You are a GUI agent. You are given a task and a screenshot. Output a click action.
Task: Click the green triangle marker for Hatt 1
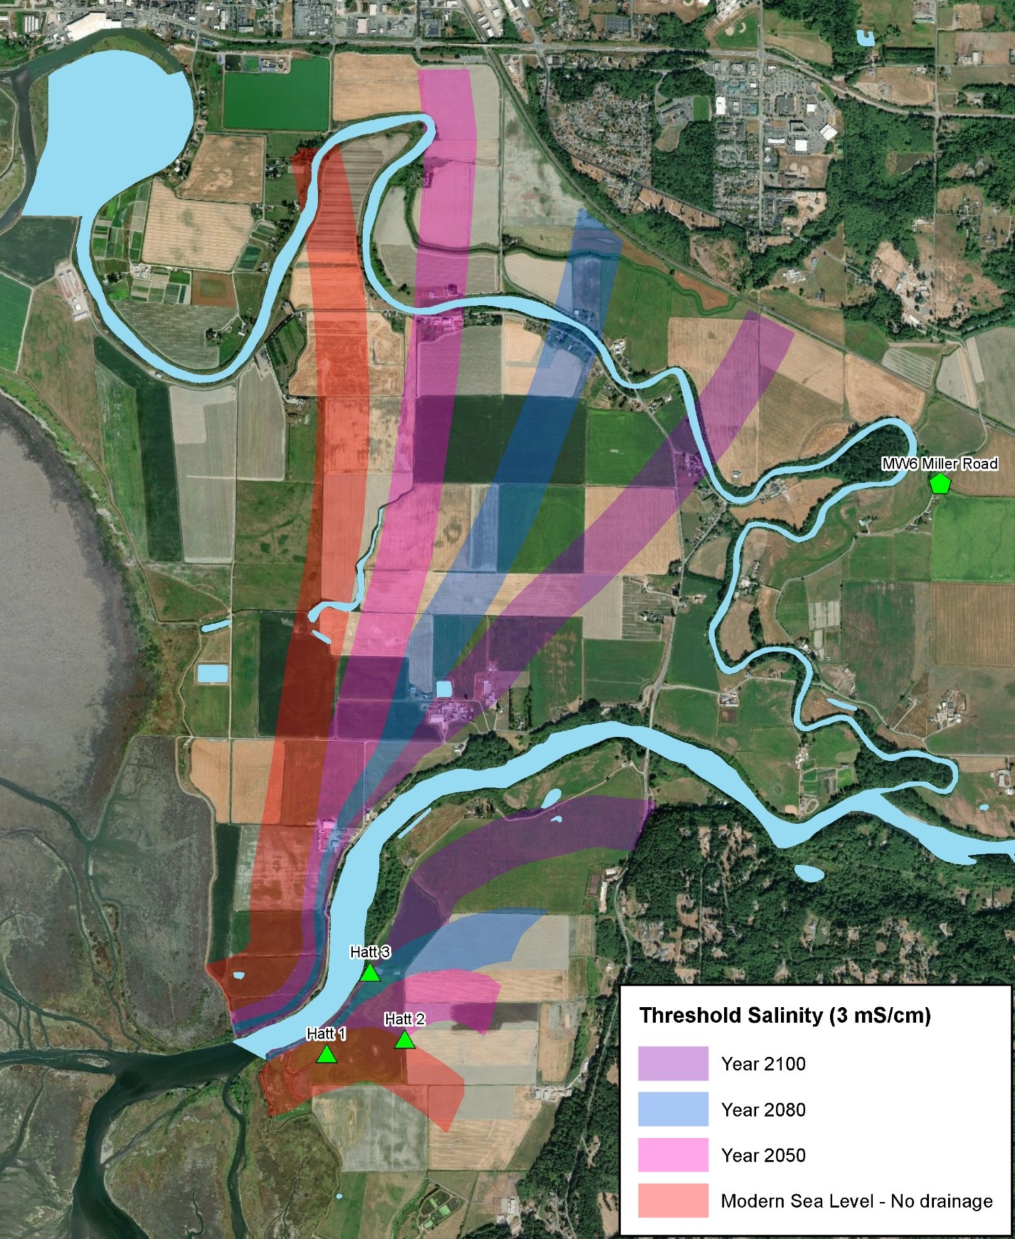pyautogui.click(x=327, y=1053)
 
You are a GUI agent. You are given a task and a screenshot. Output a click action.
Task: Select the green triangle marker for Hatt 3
pyautogui.click(x=369, y=972)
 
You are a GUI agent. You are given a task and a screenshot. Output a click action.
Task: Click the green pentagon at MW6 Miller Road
pyautogui.click(x=940, y=484)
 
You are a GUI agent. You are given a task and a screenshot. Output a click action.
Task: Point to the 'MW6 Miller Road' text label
pyautogui.click(x=940, y=464)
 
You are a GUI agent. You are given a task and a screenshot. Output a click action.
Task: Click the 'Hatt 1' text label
pyautogui.click(x=326, y=1033)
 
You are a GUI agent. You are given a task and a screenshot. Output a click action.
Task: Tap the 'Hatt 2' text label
pyautogui.click(x=405, y=1019)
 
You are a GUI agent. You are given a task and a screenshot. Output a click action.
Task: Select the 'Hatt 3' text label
pyautogui.click(x=370, y=952)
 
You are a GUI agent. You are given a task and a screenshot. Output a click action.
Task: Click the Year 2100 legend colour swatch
pyautogui.click(x=673, y=1063)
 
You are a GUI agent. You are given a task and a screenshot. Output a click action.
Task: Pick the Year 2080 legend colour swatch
pyautogui.click(x=673, y=1109)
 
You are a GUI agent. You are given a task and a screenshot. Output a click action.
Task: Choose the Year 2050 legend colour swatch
pyautogui.click(x=673, y=1154)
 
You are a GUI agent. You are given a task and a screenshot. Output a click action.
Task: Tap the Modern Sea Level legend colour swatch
pyautogui.click(x=673, y=1201)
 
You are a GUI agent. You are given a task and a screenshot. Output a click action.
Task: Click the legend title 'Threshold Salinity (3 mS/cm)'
pyautogui.click(x=785, y=1015)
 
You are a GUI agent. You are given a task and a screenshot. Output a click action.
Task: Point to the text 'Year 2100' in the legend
pyautogui.click(x=763, y=1064)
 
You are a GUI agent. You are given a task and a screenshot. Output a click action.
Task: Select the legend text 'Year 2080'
pyautogui.click(x=763, y=1110)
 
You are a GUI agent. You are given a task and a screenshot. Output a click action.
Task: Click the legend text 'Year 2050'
pyautogui.click(x=763, y=1155)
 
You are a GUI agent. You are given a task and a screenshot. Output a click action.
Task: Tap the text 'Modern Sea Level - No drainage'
pyautogui.click(x=856, y=1201)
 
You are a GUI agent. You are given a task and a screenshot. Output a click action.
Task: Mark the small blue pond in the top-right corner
pyautogui.click(x=866, y=38)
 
